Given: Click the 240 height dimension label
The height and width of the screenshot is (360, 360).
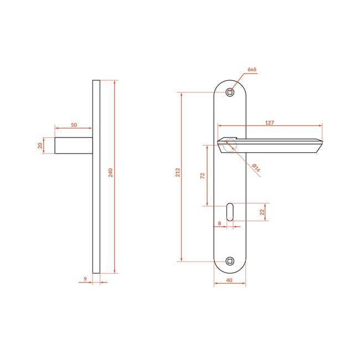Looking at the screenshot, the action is (111, 173).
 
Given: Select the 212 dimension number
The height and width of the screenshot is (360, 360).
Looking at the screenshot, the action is (178, 172).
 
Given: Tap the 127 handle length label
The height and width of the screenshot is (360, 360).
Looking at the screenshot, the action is (270, 122).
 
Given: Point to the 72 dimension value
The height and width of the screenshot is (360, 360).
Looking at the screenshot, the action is (202, 176).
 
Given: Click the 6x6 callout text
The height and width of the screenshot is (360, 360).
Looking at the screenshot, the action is (252, 69).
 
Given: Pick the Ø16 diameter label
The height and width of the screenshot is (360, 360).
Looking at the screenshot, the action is (256, 168).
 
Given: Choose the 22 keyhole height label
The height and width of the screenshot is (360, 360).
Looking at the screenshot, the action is (262, 212).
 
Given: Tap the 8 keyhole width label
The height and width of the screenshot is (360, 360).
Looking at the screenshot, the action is (219, 223).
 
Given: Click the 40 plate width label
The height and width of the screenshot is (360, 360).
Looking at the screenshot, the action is (229, 280).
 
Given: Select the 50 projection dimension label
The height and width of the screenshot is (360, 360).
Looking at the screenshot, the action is (74, 125).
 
